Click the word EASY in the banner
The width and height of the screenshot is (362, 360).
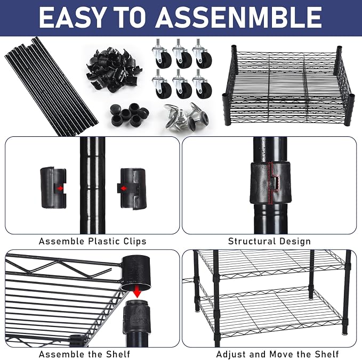coord(71,17)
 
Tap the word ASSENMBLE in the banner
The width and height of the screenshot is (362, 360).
coord(238,17)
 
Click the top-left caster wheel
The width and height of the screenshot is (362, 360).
coord(162,54)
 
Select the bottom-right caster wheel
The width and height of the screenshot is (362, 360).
coord(202,84)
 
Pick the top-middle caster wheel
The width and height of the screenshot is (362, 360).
coord(182,54)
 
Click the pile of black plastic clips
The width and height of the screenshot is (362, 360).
coord(114,69)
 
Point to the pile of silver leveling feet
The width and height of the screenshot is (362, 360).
coord(186,116)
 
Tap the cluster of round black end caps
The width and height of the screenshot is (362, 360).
coord(129,114)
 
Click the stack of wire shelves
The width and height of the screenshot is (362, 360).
coord(288,86)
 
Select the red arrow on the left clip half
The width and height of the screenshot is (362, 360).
coord(60,188)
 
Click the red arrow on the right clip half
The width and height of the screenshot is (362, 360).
coord(124,189)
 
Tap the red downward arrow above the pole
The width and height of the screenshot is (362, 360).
coord(138,291)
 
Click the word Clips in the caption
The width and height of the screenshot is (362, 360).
coord(134,241)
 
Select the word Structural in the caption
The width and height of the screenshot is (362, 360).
coord(252,241)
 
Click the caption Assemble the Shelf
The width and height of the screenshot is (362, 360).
coord(84,354)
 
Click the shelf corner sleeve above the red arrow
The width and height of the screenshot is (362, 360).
coord(136,273)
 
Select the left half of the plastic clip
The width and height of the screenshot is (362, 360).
coord(53,188)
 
